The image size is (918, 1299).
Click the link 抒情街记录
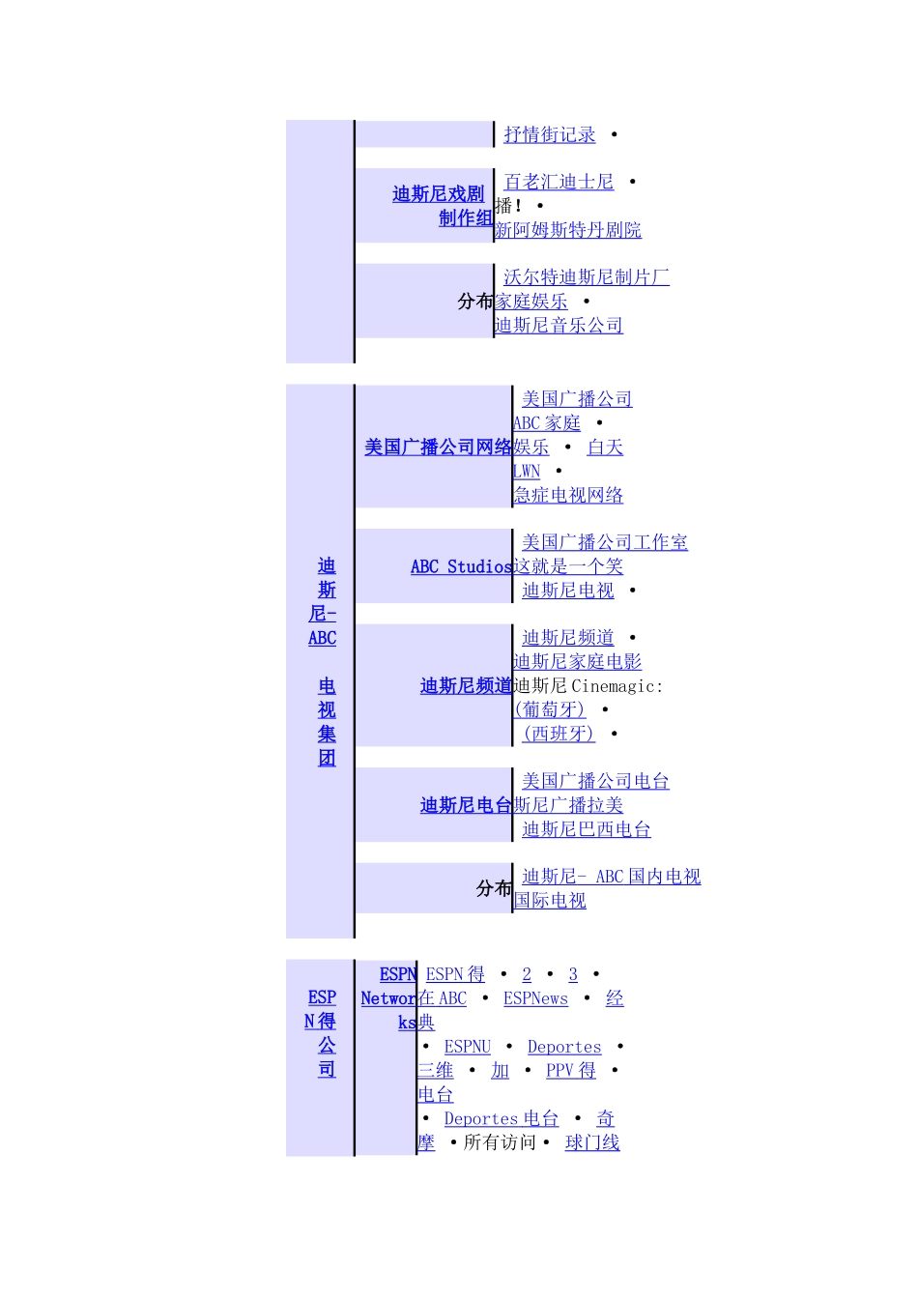tap(549, 135)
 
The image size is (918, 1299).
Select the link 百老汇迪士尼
tap(559, 183)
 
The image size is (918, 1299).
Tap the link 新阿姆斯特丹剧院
tap(568, 230)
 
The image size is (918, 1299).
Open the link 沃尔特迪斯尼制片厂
tap(586, 278)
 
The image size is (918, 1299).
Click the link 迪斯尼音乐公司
tap(559, 326)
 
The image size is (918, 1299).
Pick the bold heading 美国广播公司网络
tap(438, 447)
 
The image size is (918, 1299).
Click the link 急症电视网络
tap(568, 496)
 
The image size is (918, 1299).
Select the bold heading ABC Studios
tap(461, 567)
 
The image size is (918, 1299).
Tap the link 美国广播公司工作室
tap(604, 543)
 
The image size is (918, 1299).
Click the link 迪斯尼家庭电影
tap(577, 662)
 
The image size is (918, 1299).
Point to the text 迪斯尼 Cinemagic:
tap(588, 686)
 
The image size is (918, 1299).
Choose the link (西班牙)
tap(558, 735)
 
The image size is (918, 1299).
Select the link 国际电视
tap(550, 901)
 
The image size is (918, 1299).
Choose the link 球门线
tap(591, 1143)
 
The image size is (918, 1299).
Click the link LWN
tap(527, 472)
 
